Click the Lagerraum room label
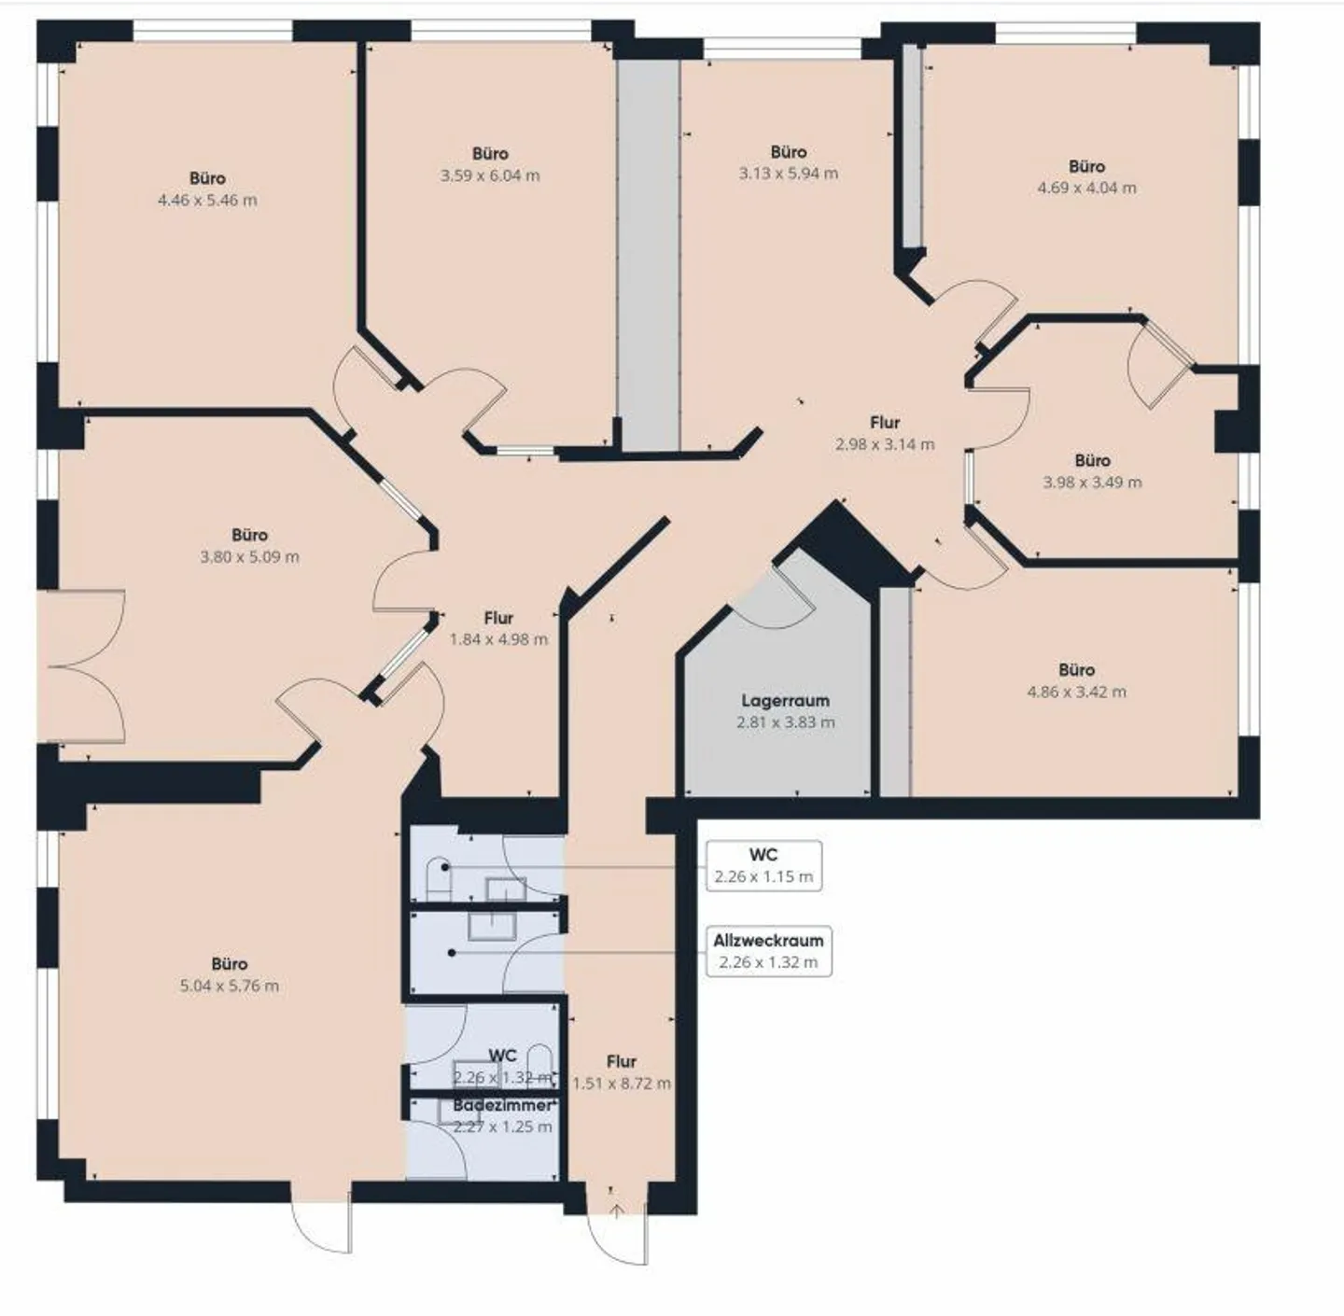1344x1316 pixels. click(x=785, y=700)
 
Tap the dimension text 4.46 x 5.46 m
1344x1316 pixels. click(x=207, y=200)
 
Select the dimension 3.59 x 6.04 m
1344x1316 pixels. click(x=490, y=175)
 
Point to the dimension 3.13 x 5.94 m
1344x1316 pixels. click(x=789, y=174)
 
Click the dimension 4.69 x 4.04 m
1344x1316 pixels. click(x=1086, y=188)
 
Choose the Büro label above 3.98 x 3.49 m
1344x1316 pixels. click(x=1092, y=460)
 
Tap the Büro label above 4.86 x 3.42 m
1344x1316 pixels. click(x=1076, y=670)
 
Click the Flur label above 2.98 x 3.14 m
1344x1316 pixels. click(x=885, y=422)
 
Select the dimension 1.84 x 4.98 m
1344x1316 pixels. click(x=498, y=639)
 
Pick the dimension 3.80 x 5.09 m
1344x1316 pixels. click(x=249, y=557)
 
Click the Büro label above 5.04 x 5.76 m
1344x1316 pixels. click(x=230, y=963)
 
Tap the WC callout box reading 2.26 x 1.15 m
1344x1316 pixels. click(x=763, y=866)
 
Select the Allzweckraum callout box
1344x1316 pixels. click(x=768, y=951)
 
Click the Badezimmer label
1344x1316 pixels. click(x=502, y=1105)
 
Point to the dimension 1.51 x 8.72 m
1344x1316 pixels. click(x=622, y=1084)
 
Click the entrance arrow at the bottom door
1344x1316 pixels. click(x=616, y=1212)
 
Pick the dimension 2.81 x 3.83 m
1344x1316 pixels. click(x=785, y=722)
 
